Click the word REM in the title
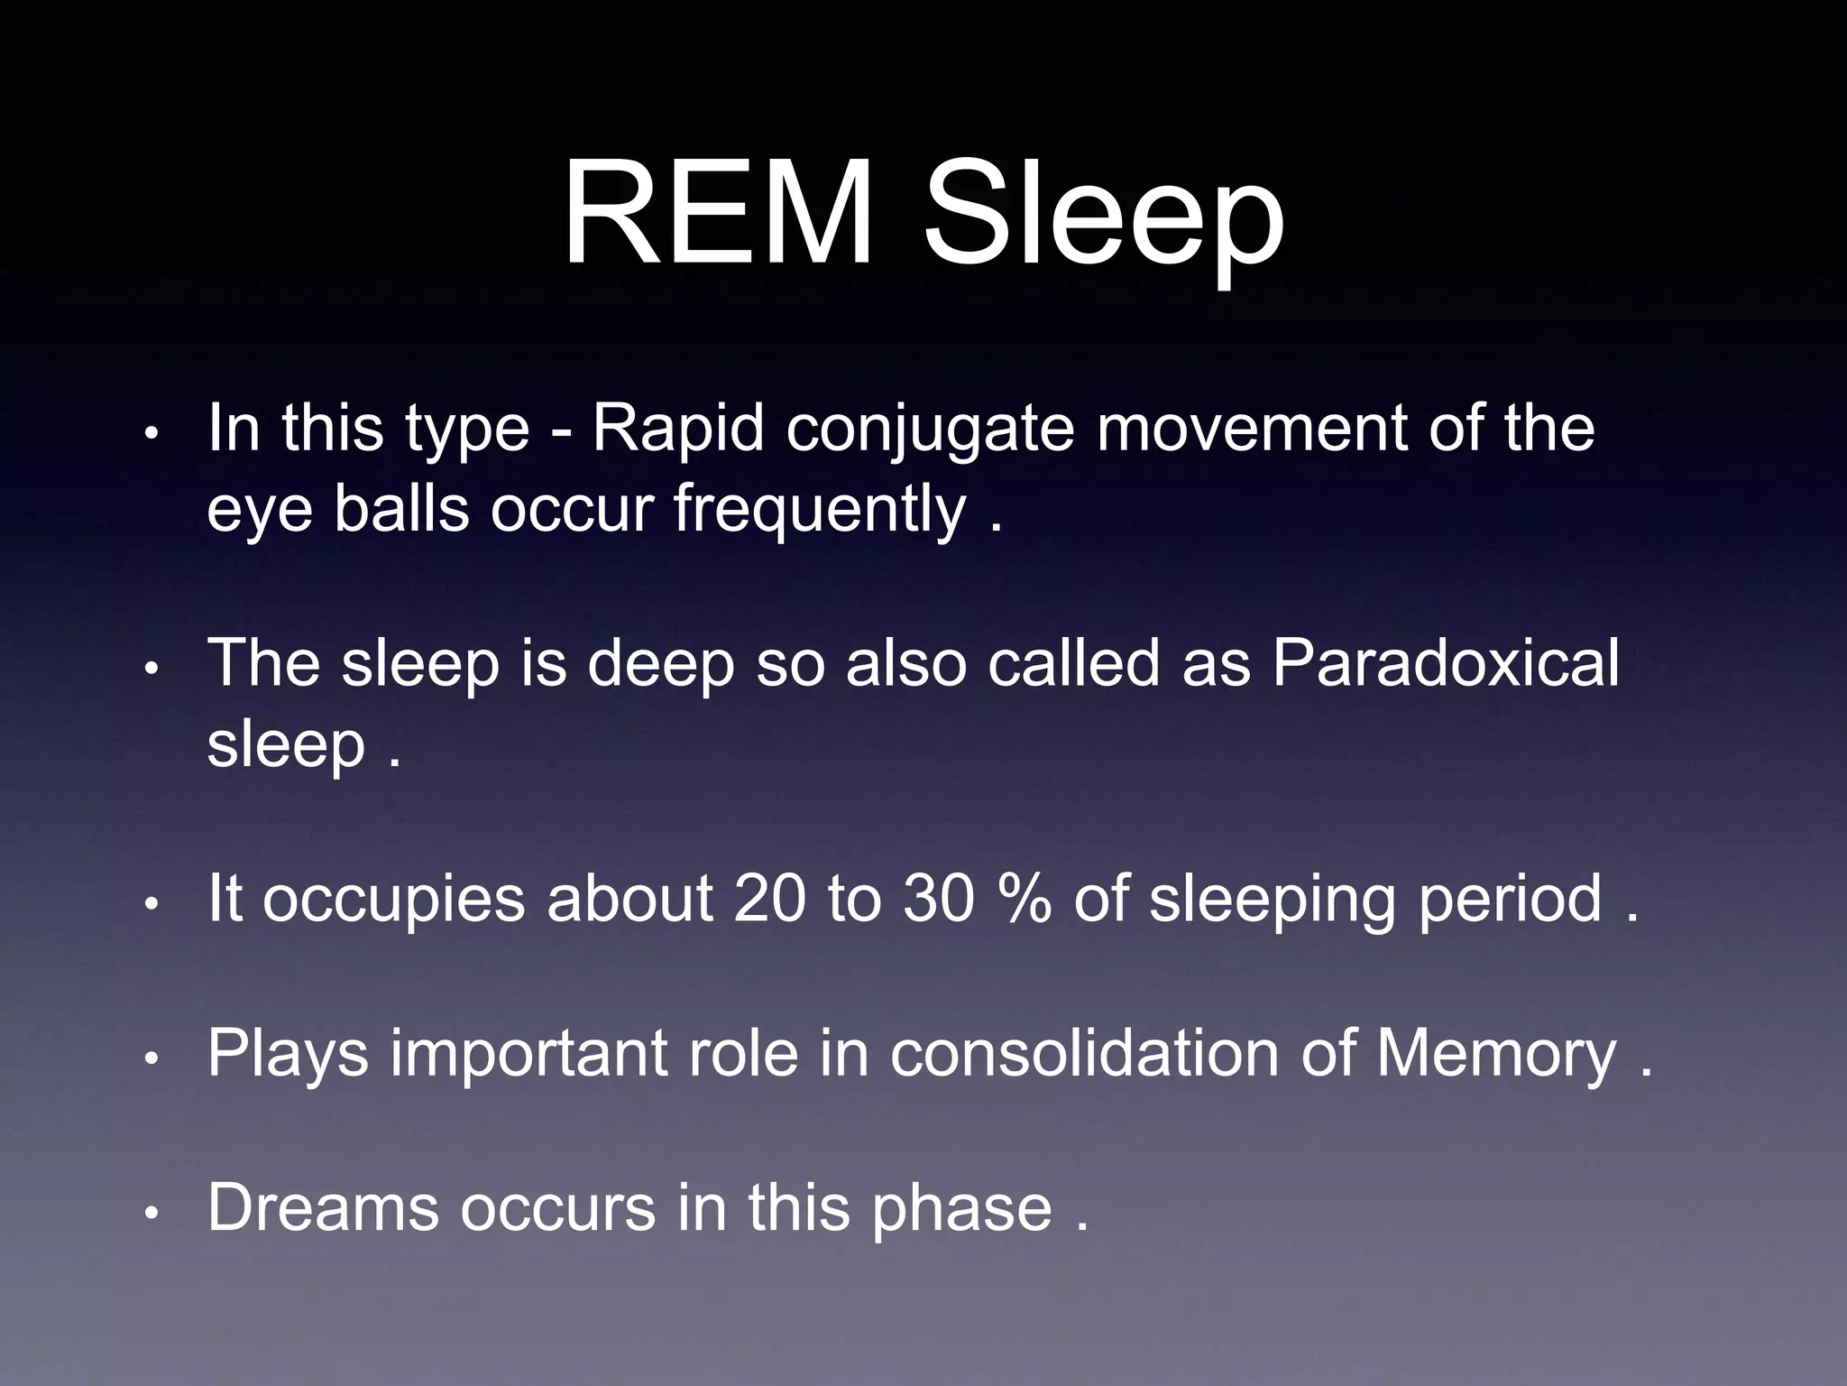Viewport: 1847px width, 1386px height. coord(718,214)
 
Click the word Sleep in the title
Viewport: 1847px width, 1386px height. coord(1104,217)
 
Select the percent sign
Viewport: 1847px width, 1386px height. coord(1025,899)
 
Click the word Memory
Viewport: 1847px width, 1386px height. coord(1496,1054)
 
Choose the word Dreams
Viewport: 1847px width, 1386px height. coord(323,1206)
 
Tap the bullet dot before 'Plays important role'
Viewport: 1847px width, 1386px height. coord(152,1058)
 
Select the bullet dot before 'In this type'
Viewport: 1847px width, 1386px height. coord(152,434)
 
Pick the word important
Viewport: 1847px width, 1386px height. coord(528,1054)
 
